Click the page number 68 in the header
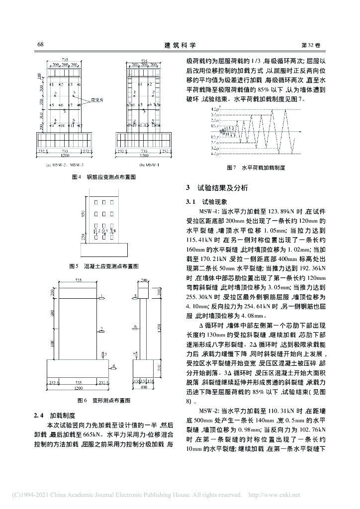pos(40,45)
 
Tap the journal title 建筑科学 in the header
pos(180,45)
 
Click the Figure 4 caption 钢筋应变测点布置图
pos(103,177)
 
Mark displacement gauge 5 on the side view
pos(135,296)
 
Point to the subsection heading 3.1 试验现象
pos(206,202)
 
